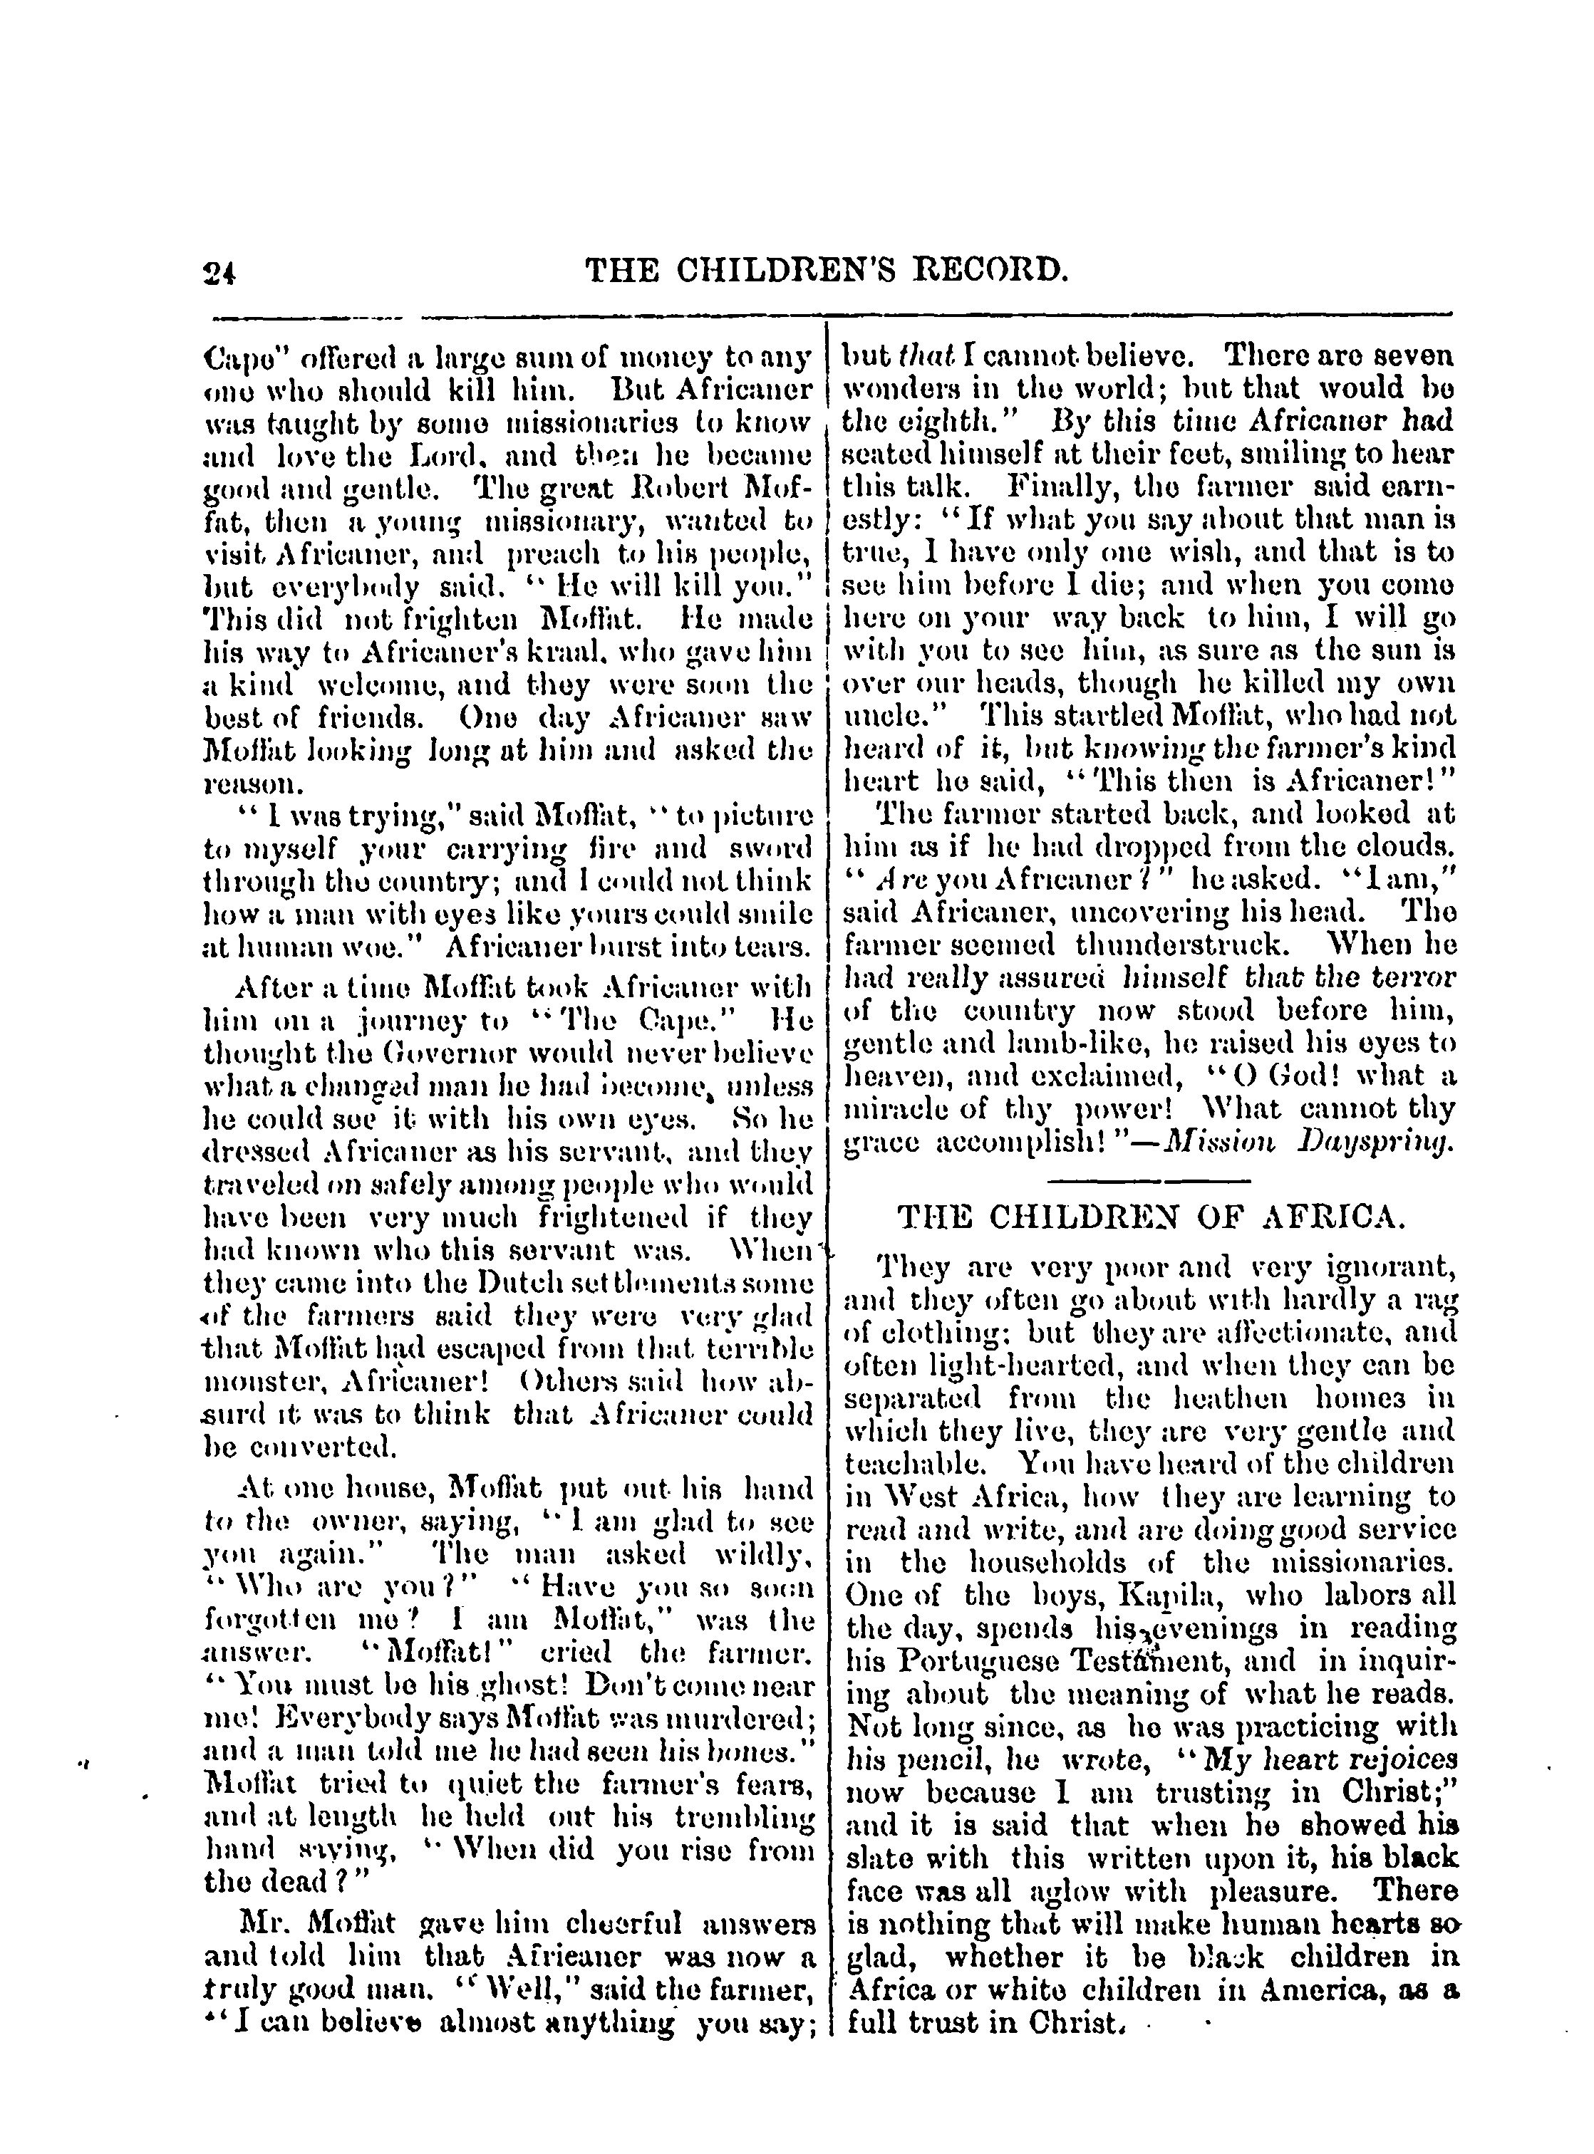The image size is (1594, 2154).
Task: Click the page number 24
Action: [x=221, y=273]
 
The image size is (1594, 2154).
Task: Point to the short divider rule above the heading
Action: [x=1148, y=1181]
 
